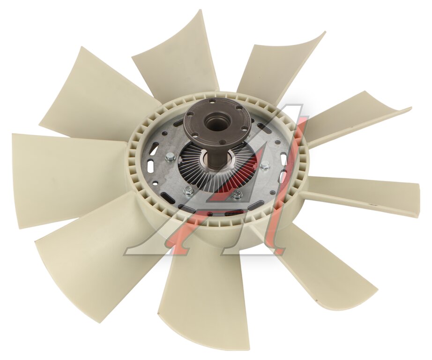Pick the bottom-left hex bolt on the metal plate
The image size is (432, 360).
[x=187, y=189]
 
